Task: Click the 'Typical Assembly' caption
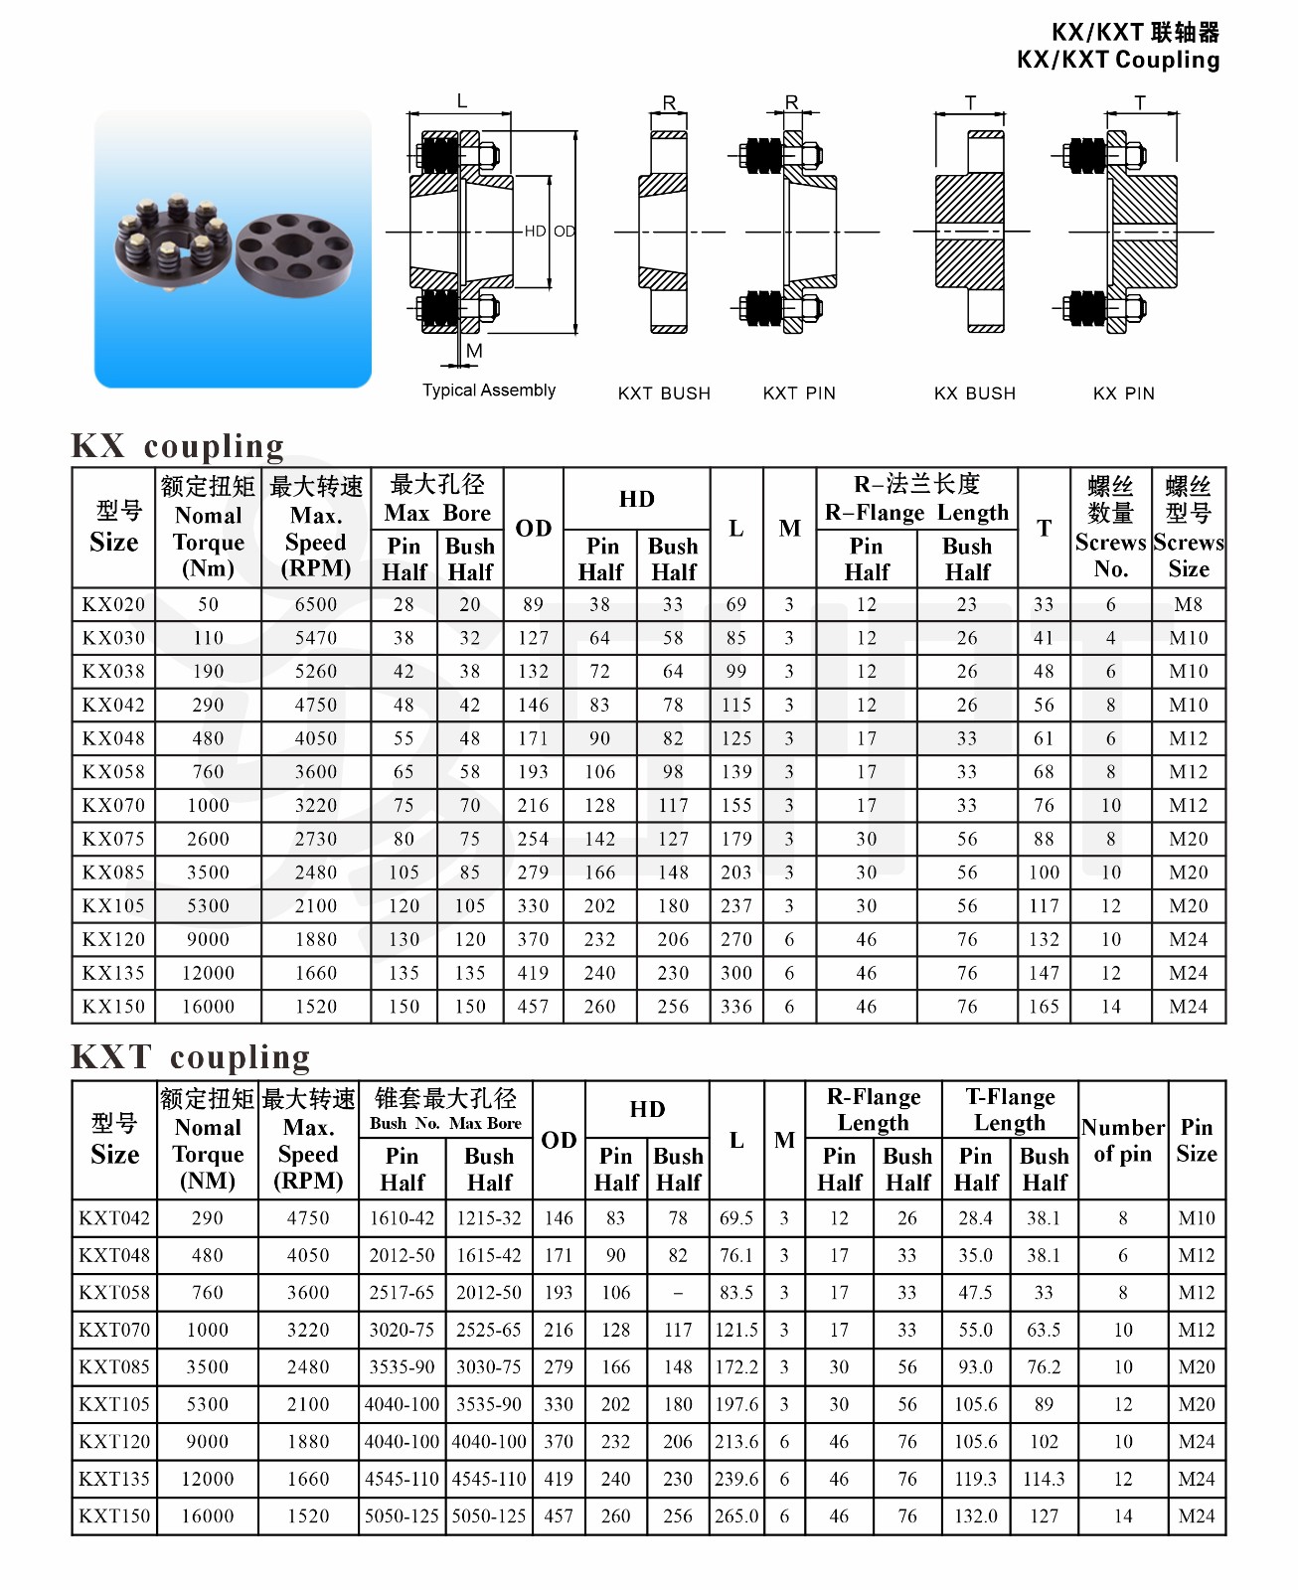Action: [489, 391]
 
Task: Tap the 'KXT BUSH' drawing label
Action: [664, 394]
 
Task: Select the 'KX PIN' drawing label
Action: [1124, 394]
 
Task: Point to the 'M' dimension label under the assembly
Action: [474, 351]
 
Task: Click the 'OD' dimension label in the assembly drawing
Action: [565, 232]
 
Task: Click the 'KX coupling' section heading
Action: [178, 446]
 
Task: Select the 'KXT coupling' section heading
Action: [191, 1056]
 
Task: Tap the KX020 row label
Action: [114, 604]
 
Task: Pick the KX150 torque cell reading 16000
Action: [209, 1007]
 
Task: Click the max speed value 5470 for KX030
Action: [316, 638]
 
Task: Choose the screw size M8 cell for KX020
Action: [1189, 604]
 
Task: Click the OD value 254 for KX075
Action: [534, 839]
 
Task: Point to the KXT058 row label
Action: [114, 1293]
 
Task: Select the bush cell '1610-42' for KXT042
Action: [403, 1218]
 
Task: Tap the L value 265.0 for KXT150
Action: [736, 1516]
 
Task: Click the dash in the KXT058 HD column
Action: [678, 1293]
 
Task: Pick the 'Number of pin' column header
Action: [1123, 1141]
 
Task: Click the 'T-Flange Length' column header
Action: [1011, 1109]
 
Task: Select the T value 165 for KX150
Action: [1044, 1007]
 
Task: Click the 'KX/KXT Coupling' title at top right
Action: [1118, 60]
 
